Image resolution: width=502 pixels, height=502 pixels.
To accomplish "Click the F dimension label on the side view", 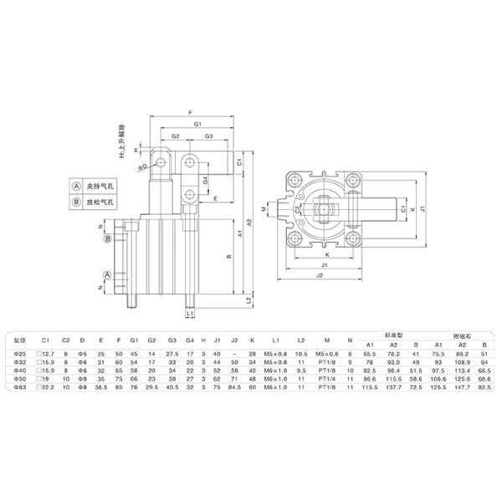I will pyautogui.click(x=190, y=112).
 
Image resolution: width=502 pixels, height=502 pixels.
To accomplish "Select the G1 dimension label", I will pyautogui.click(x=197, y=124).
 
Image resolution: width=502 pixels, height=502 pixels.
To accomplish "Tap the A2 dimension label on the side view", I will pyautogui.click(x=248, y=222).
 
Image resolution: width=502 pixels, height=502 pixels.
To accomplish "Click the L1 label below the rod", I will pyautogui.click(x=191, y=313).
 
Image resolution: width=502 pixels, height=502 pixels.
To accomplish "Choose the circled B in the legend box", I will pyautogui.click(x=74, y=202).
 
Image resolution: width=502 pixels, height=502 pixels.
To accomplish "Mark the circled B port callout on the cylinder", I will pyautogui.click(x=108, y=238).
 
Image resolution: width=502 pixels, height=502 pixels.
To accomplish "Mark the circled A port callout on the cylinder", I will pyautogui.click(x=108, y=274).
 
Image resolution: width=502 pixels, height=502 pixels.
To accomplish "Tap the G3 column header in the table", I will pyautogui.click(x=172, y=340).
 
